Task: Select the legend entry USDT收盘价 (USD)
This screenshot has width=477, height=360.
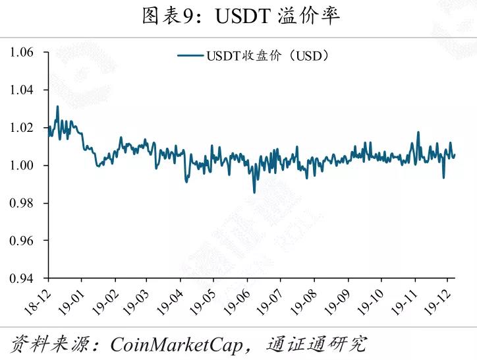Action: click(253, 56)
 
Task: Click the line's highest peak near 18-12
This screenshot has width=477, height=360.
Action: click(57, 106)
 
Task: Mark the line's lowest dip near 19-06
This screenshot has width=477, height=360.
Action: click(254, 192)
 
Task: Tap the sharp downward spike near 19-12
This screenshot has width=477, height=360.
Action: click(443, 177)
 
